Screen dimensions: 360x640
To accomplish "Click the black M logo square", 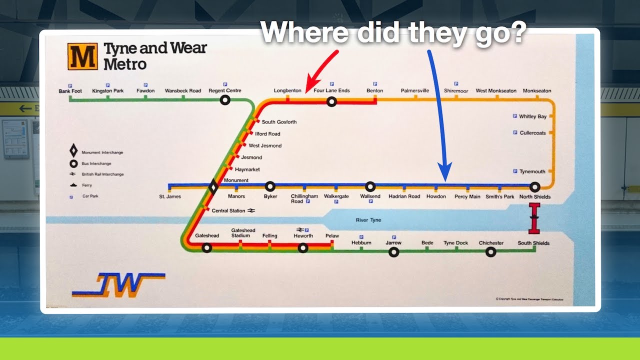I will pos(82,56).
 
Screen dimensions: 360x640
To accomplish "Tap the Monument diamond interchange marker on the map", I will pos(213,187).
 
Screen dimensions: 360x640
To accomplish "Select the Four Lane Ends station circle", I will pos(331,102).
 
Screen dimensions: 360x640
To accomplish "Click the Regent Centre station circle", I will pos(225,100).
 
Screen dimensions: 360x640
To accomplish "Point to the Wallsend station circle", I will pos(370,187).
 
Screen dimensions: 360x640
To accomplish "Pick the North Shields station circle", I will pos(534,187).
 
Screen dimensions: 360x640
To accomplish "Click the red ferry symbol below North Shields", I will pos(534,218).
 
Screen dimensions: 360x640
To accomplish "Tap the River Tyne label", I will pos(368,220).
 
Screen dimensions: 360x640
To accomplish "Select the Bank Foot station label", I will pos(70,91).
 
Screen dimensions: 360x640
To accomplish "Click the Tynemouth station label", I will pos(532,171).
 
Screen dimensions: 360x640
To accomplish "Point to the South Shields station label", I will pos(533,243).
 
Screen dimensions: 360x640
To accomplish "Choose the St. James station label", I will pos(170,196).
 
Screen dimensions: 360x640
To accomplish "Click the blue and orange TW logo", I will pos(119,285).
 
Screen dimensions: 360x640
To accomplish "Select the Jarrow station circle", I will pos(393,252).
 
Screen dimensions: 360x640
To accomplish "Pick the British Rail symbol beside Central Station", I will pos(251,210).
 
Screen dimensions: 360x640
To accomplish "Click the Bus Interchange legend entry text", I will pos(96,163).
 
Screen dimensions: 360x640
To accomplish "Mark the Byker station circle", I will pos(270,187).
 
